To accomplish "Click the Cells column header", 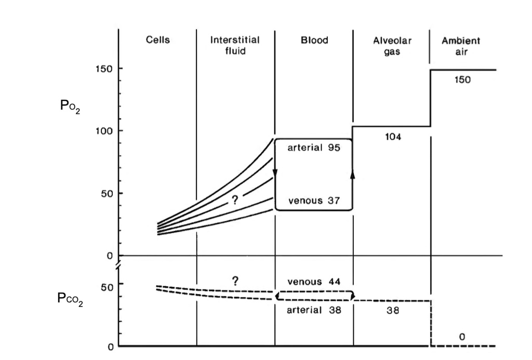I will tap(157, 40).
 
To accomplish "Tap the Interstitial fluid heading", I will tap(235, 45).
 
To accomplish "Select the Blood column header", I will tap(314, 40).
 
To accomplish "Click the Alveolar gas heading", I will tap(392, 45).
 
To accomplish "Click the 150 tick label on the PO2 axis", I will tap(104, 69).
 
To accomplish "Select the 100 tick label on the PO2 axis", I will tap(104, 130).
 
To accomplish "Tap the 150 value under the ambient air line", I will tap(462, 80).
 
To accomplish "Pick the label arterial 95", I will tap(314, 148).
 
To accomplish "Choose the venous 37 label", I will tap(314, 201).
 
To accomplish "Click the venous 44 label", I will tap(314, 282).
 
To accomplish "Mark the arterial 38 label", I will tap(314, 310).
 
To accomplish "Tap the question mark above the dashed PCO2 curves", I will tap(235, 281).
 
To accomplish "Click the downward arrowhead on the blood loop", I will tap(275, 174).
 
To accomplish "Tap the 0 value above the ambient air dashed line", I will tap(462, 337).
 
